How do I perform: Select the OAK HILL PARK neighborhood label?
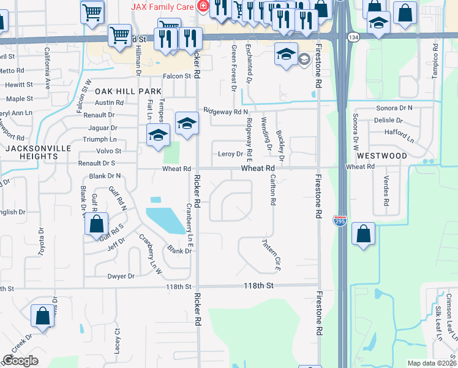(128, 91)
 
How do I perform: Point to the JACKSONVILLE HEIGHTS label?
(32, 153)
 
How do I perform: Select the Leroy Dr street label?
(231, 155)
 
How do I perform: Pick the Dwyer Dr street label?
(121, 277)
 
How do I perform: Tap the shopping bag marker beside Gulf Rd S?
(97, 224)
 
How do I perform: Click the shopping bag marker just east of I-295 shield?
(364, 234)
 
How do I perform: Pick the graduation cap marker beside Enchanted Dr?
(286, 55)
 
